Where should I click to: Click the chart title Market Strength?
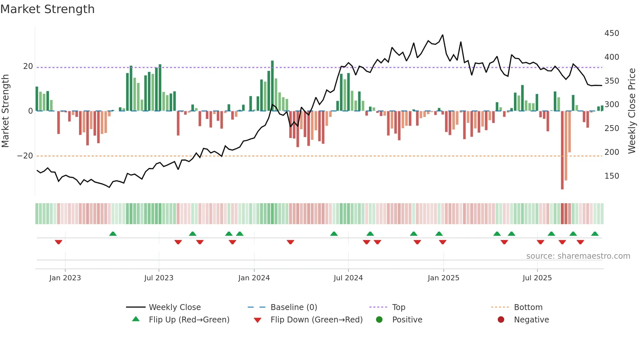pos(47,9)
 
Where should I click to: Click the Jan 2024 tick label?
pos(254,278)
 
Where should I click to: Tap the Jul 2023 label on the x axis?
pos(159,278)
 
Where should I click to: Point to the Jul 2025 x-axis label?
pos(537,278)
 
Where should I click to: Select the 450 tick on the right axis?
pos(612,33)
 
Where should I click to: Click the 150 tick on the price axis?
pos(612,176)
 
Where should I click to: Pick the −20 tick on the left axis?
pos(25,156)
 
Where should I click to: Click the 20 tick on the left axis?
pos(28,66)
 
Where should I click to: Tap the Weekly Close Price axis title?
pos(632,111)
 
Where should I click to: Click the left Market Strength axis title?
pos(6,111)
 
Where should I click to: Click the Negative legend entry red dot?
pos(501,320)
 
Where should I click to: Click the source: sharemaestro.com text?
pos(578,256)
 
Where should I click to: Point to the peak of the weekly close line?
pos(443,35)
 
